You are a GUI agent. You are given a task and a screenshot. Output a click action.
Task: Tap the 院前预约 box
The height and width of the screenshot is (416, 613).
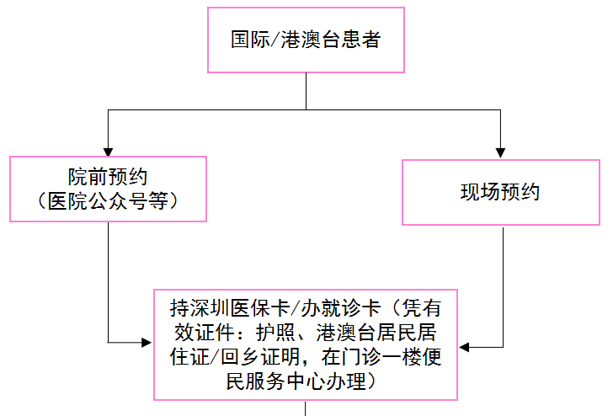pos(108,189)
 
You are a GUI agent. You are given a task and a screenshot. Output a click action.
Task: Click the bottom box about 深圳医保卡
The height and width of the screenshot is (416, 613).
pos(306,344)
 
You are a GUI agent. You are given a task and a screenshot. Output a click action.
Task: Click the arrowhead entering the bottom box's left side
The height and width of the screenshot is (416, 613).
pos(147,343)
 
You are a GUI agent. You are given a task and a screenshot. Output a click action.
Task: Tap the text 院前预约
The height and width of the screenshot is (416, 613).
pos(108,178)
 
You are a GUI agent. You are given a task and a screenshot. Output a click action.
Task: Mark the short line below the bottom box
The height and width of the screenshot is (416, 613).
pos(306,409)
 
